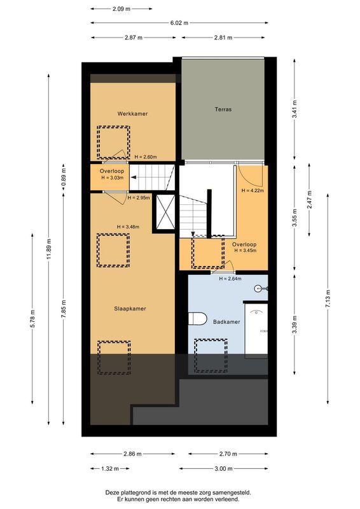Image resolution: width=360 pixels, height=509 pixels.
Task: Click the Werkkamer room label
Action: click(x=132, y=114)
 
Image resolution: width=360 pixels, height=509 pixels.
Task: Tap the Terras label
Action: click(x=223, y=109)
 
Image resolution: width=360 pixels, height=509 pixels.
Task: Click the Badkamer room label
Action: click(x=226, y=323)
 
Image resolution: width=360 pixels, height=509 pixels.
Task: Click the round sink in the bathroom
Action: click(x=260, y=288)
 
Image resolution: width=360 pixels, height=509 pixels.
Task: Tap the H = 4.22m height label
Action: click(x=253, y=190)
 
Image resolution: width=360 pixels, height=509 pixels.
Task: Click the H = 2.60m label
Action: click(x=146, y=157)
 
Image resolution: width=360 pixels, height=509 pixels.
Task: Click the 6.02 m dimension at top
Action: click(x=179, y=23)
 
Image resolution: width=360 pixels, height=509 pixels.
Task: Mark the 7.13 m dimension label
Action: click(x=327, y=300)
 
